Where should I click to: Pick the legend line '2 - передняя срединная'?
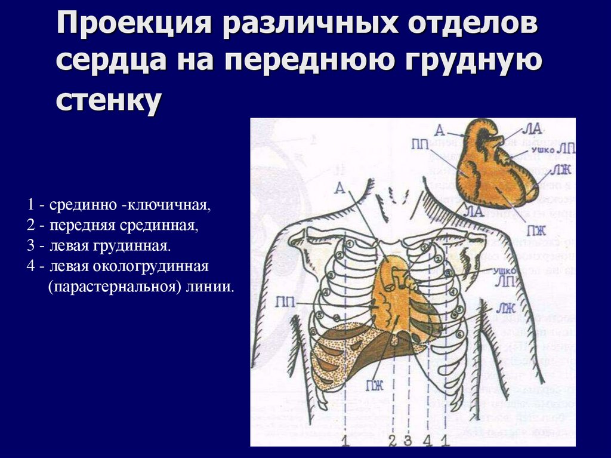[113, 226]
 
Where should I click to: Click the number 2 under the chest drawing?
[392, 441]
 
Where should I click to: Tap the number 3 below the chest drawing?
[408, 441]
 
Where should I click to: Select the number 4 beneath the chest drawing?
[427, 441]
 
